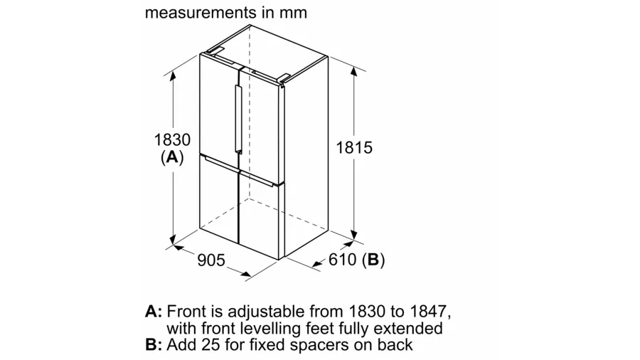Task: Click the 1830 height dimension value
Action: (172, 139)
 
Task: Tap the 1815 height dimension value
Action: (354, 147)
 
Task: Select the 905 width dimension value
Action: (211, 260)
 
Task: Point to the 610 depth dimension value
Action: (343, 259)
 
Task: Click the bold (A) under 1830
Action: (172, 157)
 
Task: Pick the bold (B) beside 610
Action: (373, 260)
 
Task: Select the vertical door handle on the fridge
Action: (238, 119)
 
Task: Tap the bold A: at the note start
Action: (154, 312)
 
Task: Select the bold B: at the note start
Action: (154, 345)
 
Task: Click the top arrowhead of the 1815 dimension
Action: (353, 70)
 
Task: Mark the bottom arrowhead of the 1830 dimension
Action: (173, 240)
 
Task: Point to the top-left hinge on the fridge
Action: (215, 51)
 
